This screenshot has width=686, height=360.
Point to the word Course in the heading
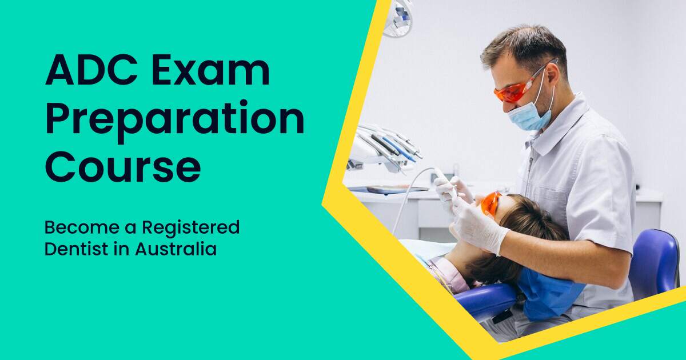123,167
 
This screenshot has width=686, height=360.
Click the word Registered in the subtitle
191,228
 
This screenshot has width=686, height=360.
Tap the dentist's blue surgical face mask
528,114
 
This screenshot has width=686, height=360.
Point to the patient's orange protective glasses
490,203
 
